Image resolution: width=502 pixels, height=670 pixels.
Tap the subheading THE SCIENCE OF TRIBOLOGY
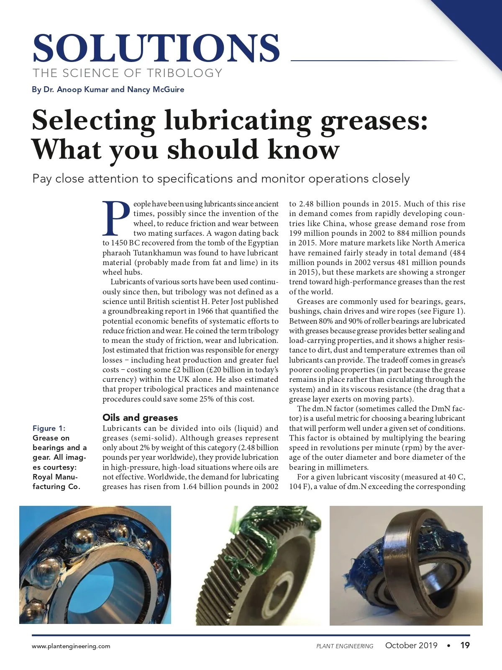click(x=128, y=73)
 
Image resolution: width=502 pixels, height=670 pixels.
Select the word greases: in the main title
click(x=374, y=121)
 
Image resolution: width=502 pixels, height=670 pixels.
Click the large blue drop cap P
click(x=116, y=219)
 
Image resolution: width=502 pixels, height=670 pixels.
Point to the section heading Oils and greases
click(x=140, y=417)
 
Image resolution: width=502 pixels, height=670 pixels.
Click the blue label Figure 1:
click(x=49, y=428)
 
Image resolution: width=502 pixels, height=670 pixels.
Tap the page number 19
click(x=465, y=645)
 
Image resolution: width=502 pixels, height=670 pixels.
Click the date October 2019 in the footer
click(x=411, y=645)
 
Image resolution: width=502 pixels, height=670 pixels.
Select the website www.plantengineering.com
click(x=71, y=646)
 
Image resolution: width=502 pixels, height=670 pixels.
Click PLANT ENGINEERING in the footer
click(x=345, y=646)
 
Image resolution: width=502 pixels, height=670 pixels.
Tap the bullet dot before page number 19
click(x=448, y=645)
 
